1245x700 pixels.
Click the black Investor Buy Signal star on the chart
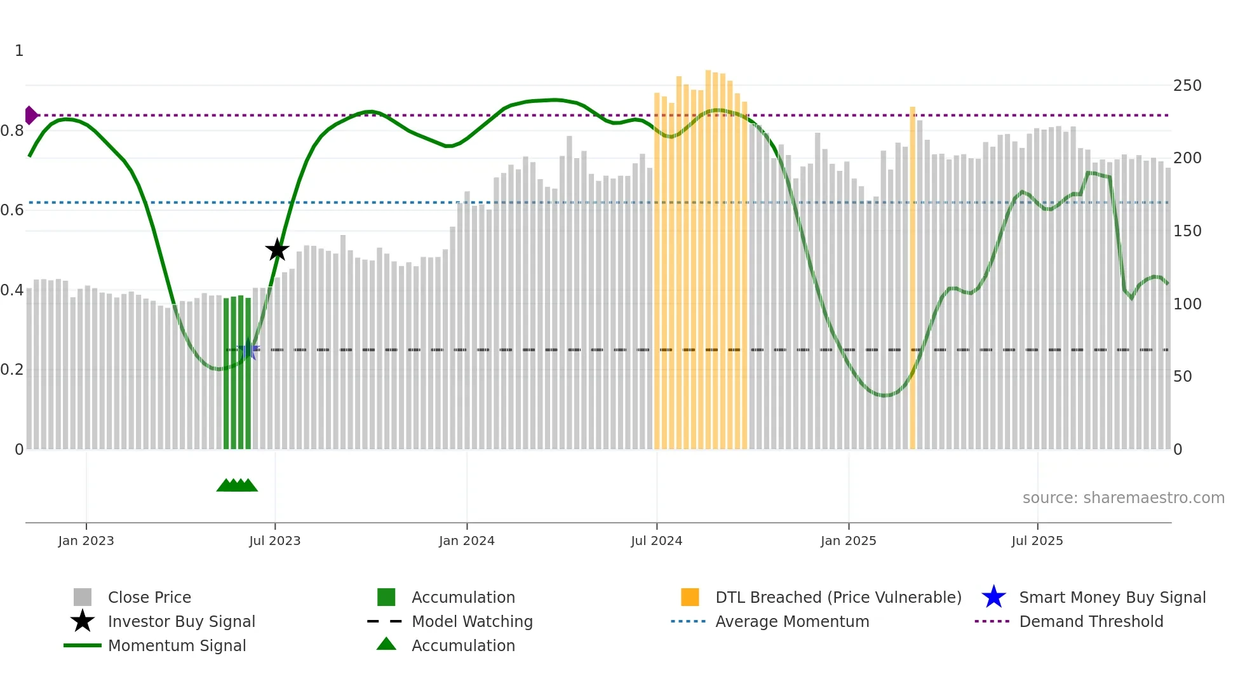tap(277, 250)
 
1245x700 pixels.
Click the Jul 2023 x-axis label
tap(275, 541)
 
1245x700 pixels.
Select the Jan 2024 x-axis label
tap(466, 541)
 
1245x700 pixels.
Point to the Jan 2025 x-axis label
tap(848, 541)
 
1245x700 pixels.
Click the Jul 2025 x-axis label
tap(1037, 541)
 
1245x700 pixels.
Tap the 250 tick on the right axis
tap(1187, 86)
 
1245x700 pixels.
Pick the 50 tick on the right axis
tap(1183, 377)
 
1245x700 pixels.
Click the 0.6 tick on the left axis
tap(12, 210)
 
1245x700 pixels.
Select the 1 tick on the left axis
tap(19, 51)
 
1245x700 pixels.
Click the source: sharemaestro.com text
tap(1123, 498)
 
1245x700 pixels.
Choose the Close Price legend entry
tap(149, 597)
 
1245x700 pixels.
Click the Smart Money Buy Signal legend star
tap(993, 597)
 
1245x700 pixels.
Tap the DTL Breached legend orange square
tap(690, 597)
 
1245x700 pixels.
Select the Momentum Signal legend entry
tap(177, 645)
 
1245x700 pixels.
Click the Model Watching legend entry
tap(472, 621)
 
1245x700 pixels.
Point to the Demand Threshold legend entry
tap(1091, 621)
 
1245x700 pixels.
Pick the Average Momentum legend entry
tap(792, 621)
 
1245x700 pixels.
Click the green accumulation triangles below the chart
tap(237, 485)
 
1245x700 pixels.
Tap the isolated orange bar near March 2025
tap(913, 279)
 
